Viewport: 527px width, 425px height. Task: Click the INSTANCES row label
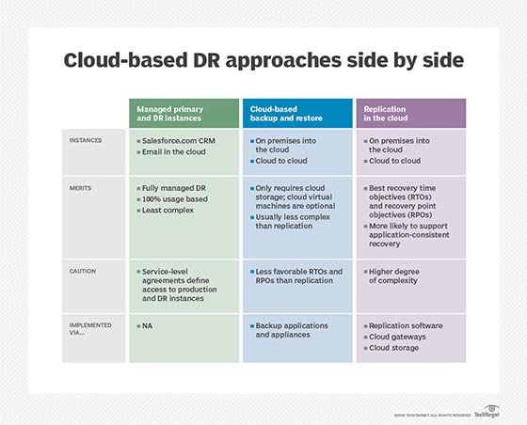click(86, 140)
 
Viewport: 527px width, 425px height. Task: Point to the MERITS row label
click(80, 188)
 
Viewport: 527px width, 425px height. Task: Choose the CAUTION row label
click(83, 271)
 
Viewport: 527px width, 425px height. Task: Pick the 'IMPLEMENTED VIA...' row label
click(90, 329)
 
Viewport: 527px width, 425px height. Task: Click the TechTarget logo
click(487, 412)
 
